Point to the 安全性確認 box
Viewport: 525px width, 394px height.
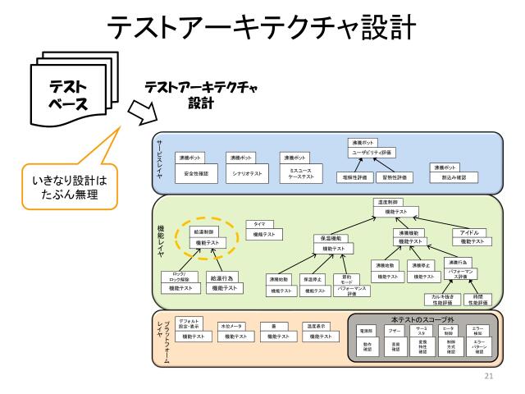(196, 174)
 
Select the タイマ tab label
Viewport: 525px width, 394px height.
(259, 223)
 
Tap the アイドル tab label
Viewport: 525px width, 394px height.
(469, 232)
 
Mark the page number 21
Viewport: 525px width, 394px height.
(491, 377)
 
